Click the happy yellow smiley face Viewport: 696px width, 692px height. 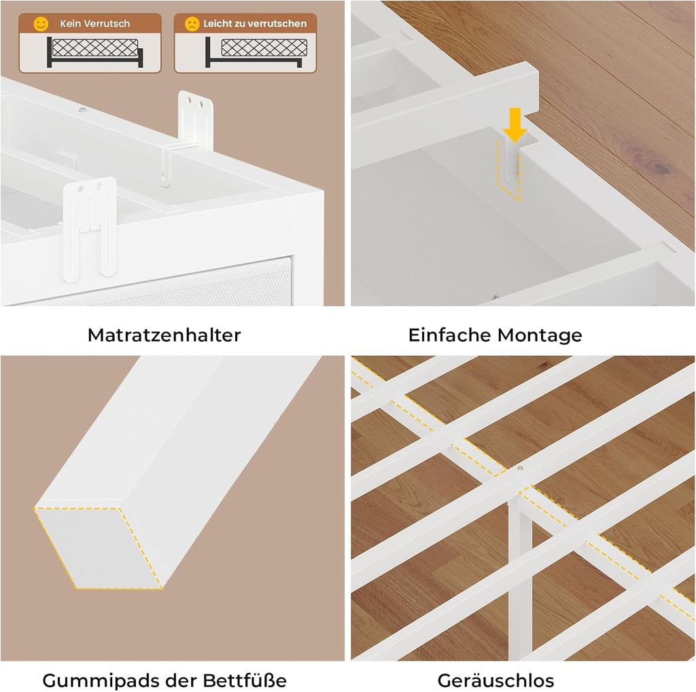(x=41, y=24)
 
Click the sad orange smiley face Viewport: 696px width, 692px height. (x=192, y=24)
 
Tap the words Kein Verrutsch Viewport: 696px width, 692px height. (x=95, y=24)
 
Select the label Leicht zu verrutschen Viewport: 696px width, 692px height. (x=255, y=24)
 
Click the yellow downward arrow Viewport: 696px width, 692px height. (x=515, y=125)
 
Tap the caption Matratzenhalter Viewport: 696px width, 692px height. (x=164, y=335)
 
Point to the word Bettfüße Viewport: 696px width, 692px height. (x=245, y=680)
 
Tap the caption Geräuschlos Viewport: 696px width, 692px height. (x=495, y=680)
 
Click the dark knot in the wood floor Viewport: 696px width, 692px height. (x=660, y=168)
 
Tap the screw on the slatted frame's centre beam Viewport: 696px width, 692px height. (x=520, y=468)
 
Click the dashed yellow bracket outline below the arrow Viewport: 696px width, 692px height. (x=510, y=170)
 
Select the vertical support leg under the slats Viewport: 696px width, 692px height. (x=519, y=577)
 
